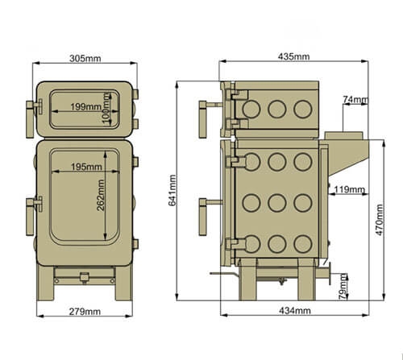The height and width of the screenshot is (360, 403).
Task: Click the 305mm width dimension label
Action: [85, 58]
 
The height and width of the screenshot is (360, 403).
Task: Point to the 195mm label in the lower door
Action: [85, 166]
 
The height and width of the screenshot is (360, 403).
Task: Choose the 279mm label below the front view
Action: [85, 311]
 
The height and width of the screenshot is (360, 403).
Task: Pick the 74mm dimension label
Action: [355, 100]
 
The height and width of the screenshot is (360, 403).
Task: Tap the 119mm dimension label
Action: [349, 190]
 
